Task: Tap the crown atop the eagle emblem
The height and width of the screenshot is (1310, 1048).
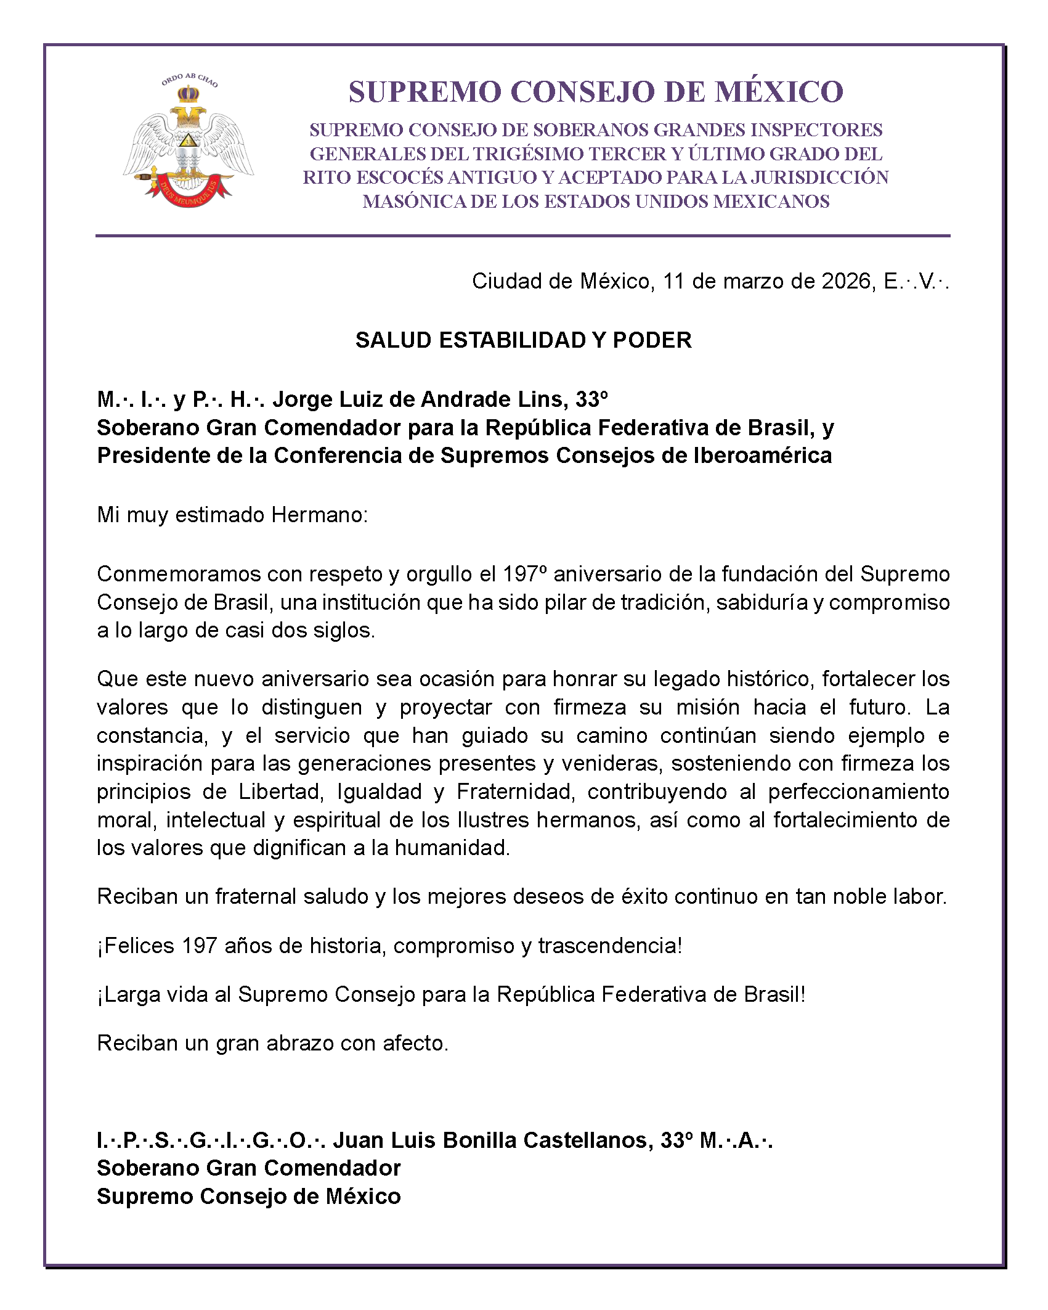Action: [189, 95]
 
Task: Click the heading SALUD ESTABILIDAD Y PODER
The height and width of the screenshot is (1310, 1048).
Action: [524, 340]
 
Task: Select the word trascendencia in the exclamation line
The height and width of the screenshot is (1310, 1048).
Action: [609, 945]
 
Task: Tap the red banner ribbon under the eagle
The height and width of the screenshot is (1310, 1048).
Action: [189, 192]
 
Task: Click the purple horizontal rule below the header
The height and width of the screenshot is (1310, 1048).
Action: [522, 236]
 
